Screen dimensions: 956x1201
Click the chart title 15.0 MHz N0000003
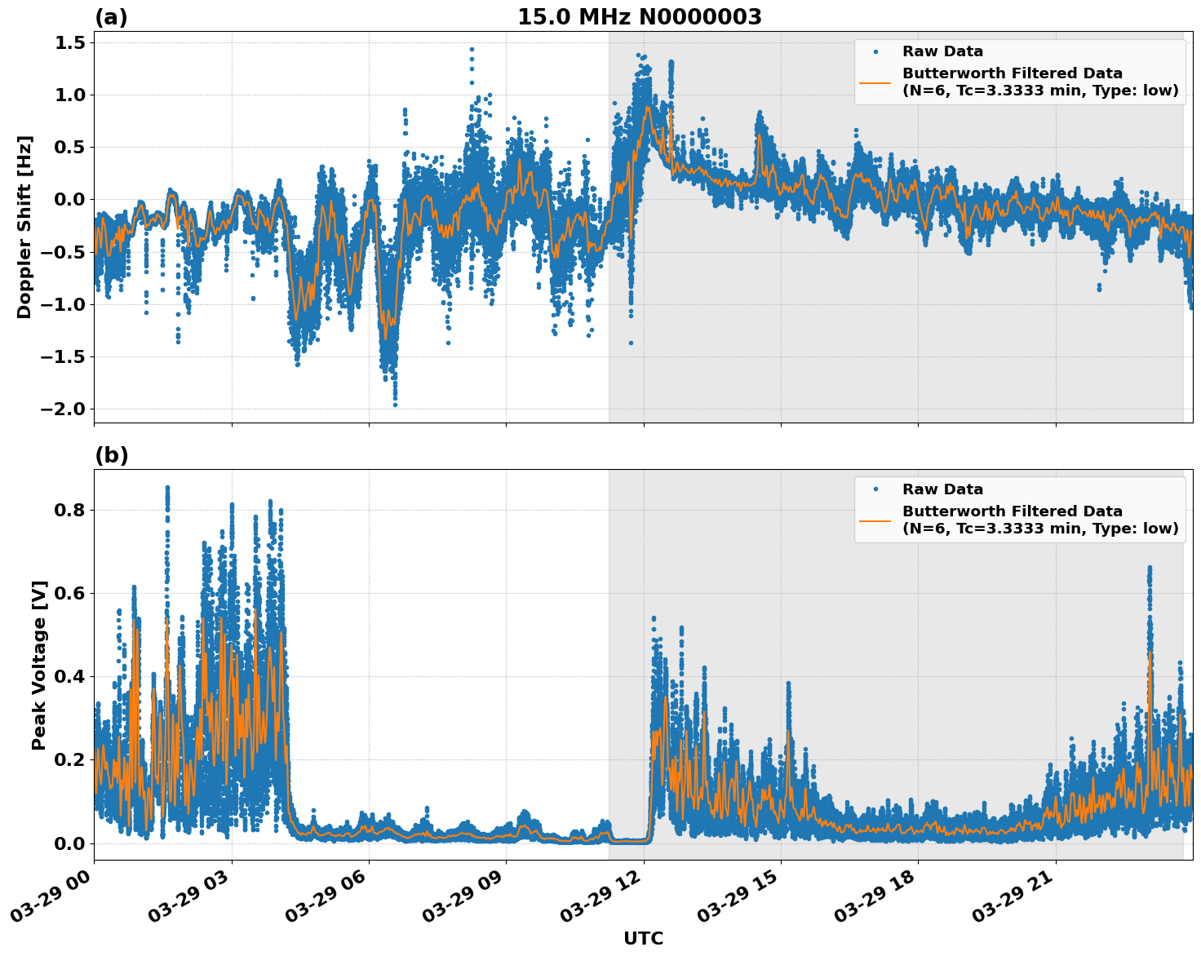coord(639,17)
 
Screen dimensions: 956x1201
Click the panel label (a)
coord(111,17)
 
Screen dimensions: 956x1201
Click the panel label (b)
coord(111,455)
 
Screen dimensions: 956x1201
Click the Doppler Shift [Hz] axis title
coord(24,227)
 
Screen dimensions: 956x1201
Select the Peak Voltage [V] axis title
coord(39,665)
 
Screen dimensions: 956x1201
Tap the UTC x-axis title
coord(643,938)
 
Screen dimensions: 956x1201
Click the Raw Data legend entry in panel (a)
coord(942,51)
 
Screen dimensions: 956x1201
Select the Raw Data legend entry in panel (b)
coord(942,489)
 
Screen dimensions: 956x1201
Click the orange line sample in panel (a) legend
coord(875,82)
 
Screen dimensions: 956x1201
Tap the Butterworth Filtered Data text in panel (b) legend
coord(1012,511)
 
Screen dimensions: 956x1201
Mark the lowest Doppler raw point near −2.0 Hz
coord(395,405)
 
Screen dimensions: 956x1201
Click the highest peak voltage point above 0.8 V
coord(167,488)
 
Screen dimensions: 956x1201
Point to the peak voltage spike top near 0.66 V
coord(1150,567)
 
